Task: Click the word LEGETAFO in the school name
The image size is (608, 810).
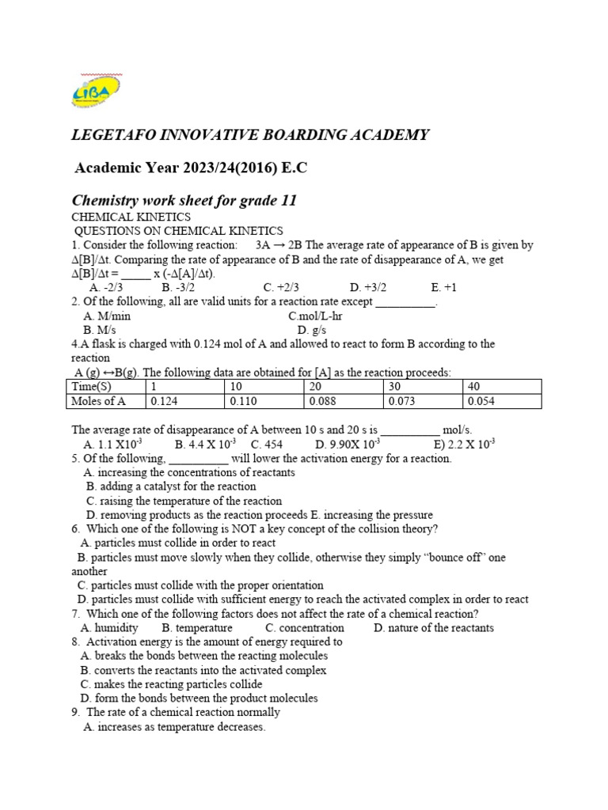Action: [x=117, y=135]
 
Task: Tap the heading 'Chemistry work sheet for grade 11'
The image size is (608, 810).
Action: [x=184, y=200]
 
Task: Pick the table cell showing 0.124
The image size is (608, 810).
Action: [x=165, y=401]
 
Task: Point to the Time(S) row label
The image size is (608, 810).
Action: [x=93, y=386]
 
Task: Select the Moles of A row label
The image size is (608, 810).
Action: [x=99, y=401]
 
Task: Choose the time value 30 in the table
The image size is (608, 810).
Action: [x=393, y=386]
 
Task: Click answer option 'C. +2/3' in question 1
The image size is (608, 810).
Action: [x=281, y=287]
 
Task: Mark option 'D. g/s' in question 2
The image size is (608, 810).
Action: [x=312, y=330]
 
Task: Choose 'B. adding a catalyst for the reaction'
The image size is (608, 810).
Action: [x=171, y=486]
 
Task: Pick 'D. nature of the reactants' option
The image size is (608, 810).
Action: [x=434, y=628]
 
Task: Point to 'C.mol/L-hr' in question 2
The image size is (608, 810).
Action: [x=315, y=316]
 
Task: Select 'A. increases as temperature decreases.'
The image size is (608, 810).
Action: [x=174, y=727]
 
